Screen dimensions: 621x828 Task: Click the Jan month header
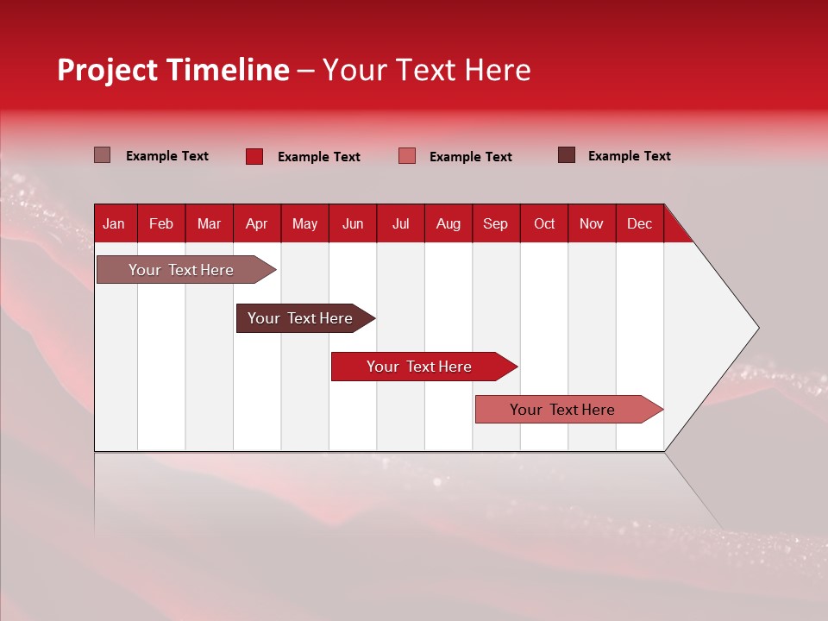(x=114, y=223)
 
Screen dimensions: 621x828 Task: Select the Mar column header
(x=209, y=223)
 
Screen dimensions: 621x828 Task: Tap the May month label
(x=304, y=223)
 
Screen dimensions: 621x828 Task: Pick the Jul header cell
(x=400, y=223)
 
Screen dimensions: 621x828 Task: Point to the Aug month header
(x=448, y=223)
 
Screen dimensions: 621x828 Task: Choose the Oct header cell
(x=543, y=223)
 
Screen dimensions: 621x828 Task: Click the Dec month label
(x=639, y=223)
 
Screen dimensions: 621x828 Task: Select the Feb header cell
(x=161, y=223)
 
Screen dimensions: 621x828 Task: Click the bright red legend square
(x=254, y=156)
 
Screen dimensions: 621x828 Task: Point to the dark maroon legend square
(x=567, y=155)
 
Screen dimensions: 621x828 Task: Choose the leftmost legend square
(x=102, y=155)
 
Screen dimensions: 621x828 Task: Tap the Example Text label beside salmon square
(x=470, y=156)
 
